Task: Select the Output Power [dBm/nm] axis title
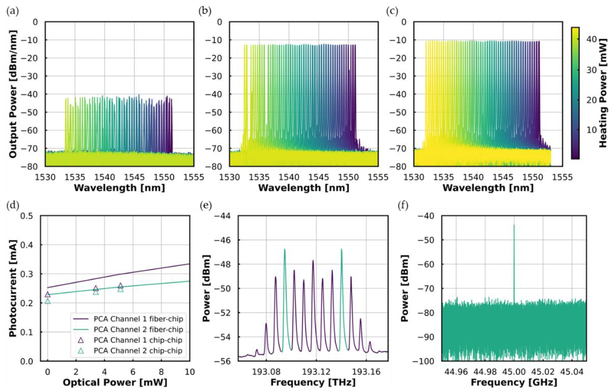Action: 13,94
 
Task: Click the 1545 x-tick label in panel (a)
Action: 134,177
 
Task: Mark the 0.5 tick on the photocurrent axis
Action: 28,216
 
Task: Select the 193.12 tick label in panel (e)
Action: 316,372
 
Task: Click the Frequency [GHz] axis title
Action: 514,382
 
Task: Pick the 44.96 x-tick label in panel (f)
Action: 456,372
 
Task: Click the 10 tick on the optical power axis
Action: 190,372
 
